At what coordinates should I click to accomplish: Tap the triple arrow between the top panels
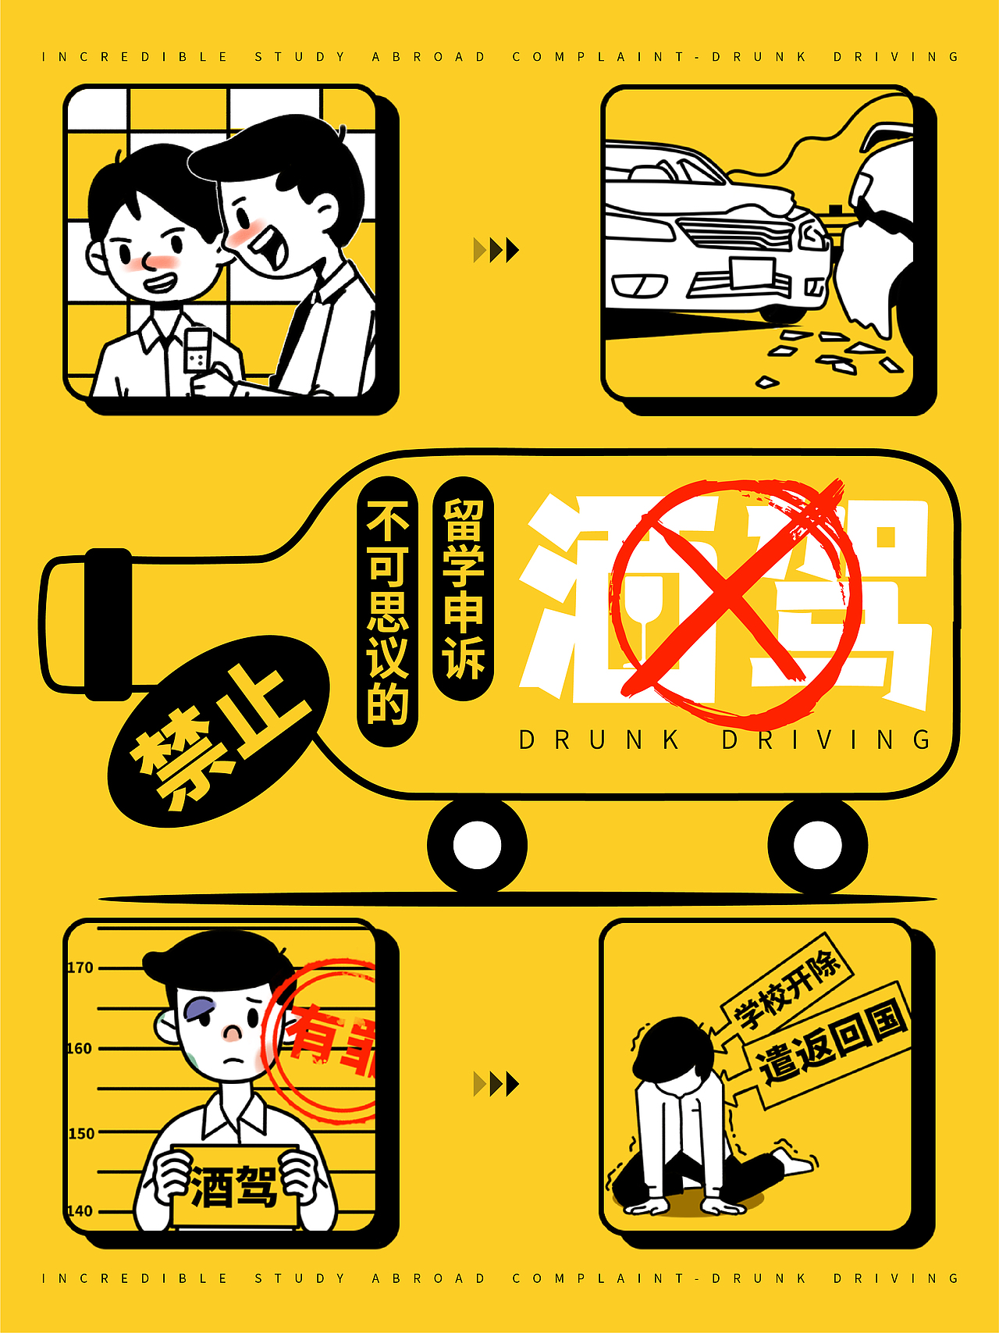tap(496, 250)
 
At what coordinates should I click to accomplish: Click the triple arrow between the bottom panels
tap(496, 1084)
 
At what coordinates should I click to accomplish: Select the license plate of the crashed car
tap(752, 274)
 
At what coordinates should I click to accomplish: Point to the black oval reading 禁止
tap(219, 730)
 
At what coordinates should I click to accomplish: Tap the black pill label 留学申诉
tap(464, 589)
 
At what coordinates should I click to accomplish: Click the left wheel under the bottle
tap(477, 845)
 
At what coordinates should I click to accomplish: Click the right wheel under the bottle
tap(817, 845)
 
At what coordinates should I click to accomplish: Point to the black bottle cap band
tap(108, 624)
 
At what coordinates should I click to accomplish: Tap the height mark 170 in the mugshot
tap(80, 968)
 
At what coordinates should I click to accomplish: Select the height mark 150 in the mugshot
tap(80, 1133)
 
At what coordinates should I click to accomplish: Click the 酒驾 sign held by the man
tap(234, 1187)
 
